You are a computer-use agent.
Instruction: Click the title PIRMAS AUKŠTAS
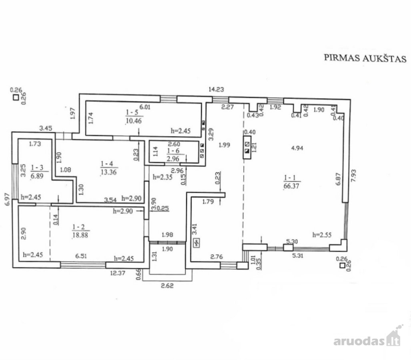(365, 58)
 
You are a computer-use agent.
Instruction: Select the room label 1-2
(78, 227)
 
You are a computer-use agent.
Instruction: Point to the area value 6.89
(37, 176)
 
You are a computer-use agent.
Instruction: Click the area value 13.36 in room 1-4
(108, 172)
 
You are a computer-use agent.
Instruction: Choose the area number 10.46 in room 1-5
(134, 120)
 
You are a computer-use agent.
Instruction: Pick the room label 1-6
(173, 151)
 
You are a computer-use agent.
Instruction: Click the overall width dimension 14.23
(216, 89)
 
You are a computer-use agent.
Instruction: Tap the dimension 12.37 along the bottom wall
(118, 273)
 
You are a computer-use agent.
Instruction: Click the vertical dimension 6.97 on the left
(7, 199)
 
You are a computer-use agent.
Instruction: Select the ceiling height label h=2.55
(322, 234)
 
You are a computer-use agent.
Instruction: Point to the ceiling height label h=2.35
(162, 177)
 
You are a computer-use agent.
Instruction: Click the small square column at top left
(16, 98)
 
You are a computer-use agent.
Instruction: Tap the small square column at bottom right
(342, 265)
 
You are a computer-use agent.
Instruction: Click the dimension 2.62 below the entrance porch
(167, 285)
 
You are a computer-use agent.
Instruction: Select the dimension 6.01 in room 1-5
(145, 107)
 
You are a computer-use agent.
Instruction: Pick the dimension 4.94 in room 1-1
(297, 148)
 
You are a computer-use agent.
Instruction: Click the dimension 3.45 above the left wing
(46, 128)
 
